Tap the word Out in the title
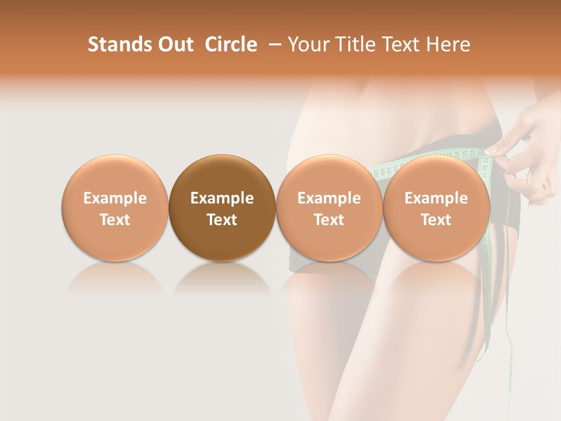175,44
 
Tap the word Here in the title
449,44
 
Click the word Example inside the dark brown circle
222,198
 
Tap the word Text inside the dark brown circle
222,220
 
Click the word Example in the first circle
115,198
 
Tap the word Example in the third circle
329,198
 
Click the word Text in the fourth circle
436,220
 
